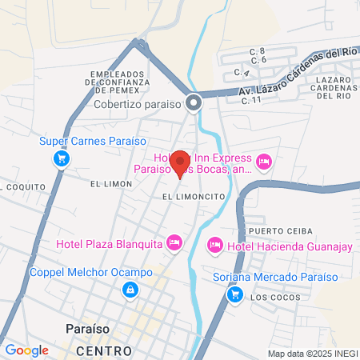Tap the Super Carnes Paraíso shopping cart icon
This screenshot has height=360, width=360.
click(x=61, y=159)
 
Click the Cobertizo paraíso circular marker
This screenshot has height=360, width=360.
click(x=193, y=102)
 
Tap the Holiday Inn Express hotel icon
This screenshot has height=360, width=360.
click(x=264, y=163)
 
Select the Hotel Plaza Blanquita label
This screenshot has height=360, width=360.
click(x=109, y=243)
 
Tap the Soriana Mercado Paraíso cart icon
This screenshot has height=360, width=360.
click(x=234, y=294)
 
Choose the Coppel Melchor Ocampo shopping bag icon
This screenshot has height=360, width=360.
click(x=129, y=290)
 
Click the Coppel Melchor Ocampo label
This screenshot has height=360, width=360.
click(x=90, y=272)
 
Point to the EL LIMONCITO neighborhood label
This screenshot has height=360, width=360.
click(x=192, y=196)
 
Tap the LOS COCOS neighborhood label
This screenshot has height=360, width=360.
click(x=268, y=298)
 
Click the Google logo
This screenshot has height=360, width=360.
click(x=26, y=350)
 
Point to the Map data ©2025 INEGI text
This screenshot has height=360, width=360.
click(x=311, y=354)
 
